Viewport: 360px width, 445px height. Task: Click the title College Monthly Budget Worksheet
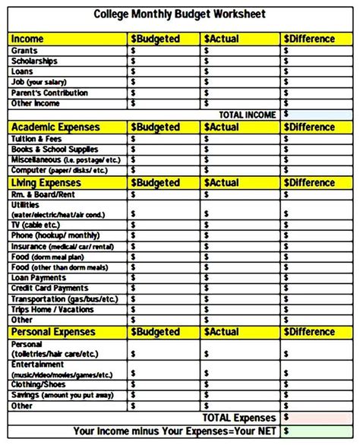coord(179,14)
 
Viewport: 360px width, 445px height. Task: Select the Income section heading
coord(28,39)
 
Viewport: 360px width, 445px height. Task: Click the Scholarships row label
coord(35,61)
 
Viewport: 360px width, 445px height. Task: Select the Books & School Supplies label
coord(55,150)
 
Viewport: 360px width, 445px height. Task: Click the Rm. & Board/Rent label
coord(44,194)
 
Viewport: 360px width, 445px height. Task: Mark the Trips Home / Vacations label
coord(53,310)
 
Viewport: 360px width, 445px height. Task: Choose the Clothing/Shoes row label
coord(39,384)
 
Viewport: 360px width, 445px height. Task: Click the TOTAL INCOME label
coord(248,114)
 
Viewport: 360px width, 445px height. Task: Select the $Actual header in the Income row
coord(221,39)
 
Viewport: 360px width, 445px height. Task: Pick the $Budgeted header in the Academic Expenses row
coord(156,128)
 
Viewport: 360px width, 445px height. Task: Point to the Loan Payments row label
coord(39,278)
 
